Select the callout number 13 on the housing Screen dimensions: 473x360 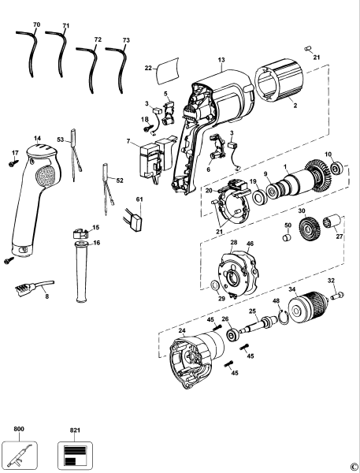pos(221,60)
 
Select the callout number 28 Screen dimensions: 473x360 pos(234,241)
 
